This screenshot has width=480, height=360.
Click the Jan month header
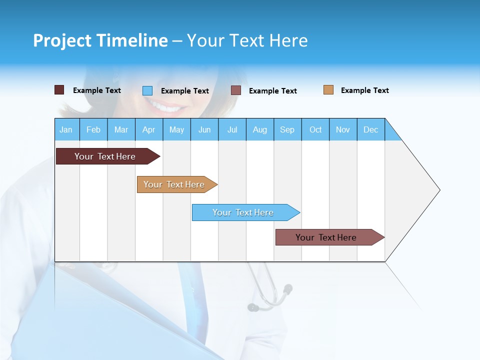[x=66, y=129]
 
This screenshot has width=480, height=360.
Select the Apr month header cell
[x=149, y=129]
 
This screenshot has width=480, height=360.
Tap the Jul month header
[x=232, y=129]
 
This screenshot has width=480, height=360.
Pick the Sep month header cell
[x=287, y=129]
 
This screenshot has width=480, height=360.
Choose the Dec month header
[x=370, y=129]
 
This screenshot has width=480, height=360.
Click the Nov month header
[x=343, y=129]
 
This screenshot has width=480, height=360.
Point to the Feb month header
[x=93, y=129]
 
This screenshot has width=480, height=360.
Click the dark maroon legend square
[x=59, y=90]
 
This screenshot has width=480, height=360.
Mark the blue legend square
[x=147, y=90]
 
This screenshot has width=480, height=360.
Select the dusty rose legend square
[x=236, y=90]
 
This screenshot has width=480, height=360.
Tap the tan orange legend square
[x=328, y=90]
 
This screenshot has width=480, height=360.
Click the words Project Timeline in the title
[x=100, y=40]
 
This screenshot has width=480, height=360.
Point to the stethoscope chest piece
[x=287, y=288]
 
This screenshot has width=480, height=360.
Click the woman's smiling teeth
[x=165, y=106]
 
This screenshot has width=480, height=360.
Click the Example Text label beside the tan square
[x=364, y=90]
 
